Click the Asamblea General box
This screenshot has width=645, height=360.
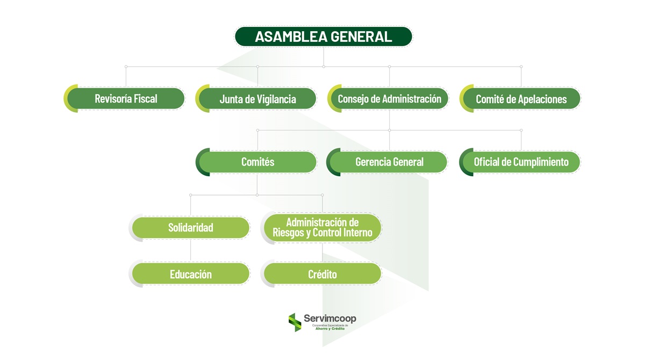pos(323,37)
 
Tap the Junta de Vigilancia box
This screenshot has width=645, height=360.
pos(258,99)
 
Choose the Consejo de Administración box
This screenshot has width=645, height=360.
pos(389,99)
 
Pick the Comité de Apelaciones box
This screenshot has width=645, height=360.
pos(521,99)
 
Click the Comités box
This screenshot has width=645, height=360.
pos(258,162)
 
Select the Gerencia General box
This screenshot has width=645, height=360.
pos(389,162)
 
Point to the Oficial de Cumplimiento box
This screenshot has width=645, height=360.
pos(521,162)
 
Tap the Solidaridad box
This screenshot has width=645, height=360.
pos(191,227)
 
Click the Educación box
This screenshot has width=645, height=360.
pos(191,274)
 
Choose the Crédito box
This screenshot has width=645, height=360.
pos(322,274)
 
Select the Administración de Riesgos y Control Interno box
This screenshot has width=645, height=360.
pos(322,227)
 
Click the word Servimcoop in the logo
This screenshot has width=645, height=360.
pos(330,318)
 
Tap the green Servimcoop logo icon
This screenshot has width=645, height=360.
pos(295,322)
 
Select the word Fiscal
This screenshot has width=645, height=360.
pos(145,99)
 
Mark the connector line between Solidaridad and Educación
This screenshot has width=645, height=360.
pos(191,250)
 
